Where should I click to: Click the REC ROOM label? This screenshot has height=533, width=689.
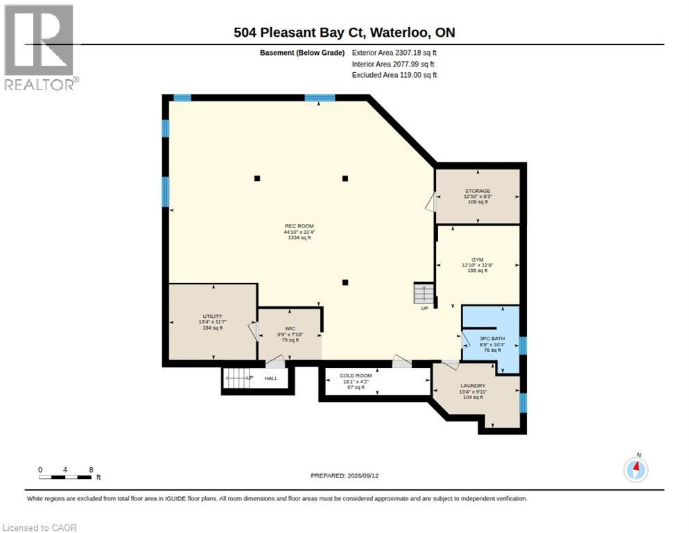click(x=299, y=226)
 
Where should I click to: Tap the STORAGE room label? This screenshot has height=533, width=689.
click(x=478, y=191)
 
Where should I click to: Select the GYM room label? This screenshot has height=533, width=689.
click(x=477, y=260)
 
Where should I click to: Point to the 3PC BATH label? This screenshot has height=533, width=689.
click(x=492, y=339)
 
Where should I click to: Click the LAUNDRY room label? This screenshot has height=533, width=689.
click(x=473, y=386)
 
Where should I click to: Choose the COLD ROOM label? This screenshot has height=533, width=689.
click(x=356, y=375)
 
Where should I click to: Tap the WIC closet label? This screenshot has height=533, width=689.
click(x=290, y=328)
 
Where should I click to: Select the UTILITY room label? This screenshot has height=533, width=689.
click(x=212, y=316)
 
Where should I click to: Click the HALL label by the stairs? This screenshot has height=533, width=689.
click(x=271, y=378)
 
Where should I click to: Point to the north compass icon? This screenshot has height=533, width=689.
click(x=636, y=469)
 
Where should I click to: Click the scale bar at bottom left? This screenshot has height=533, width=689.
click(x=66, y=477)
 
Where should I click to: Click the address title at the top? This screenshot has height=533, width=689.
click(x=344, y=32)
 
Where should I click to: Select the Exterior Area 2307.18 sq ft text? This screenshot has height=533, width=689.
click(x=394, y=52)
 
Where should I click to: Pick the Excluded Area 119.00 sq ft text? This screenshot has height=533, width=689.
click(x=394, y=75)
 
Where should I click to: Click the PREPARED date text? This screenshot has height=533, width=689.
click(x=344, y=475)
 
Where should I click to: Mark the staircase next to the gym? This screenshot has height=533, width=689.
click(x=424, y=293)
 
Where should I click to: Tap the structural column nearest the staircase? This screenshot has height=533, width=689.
click(x=345, y=282)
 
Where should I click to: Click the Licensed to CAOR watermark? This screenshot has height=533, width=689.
click(x=40, y=527)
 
